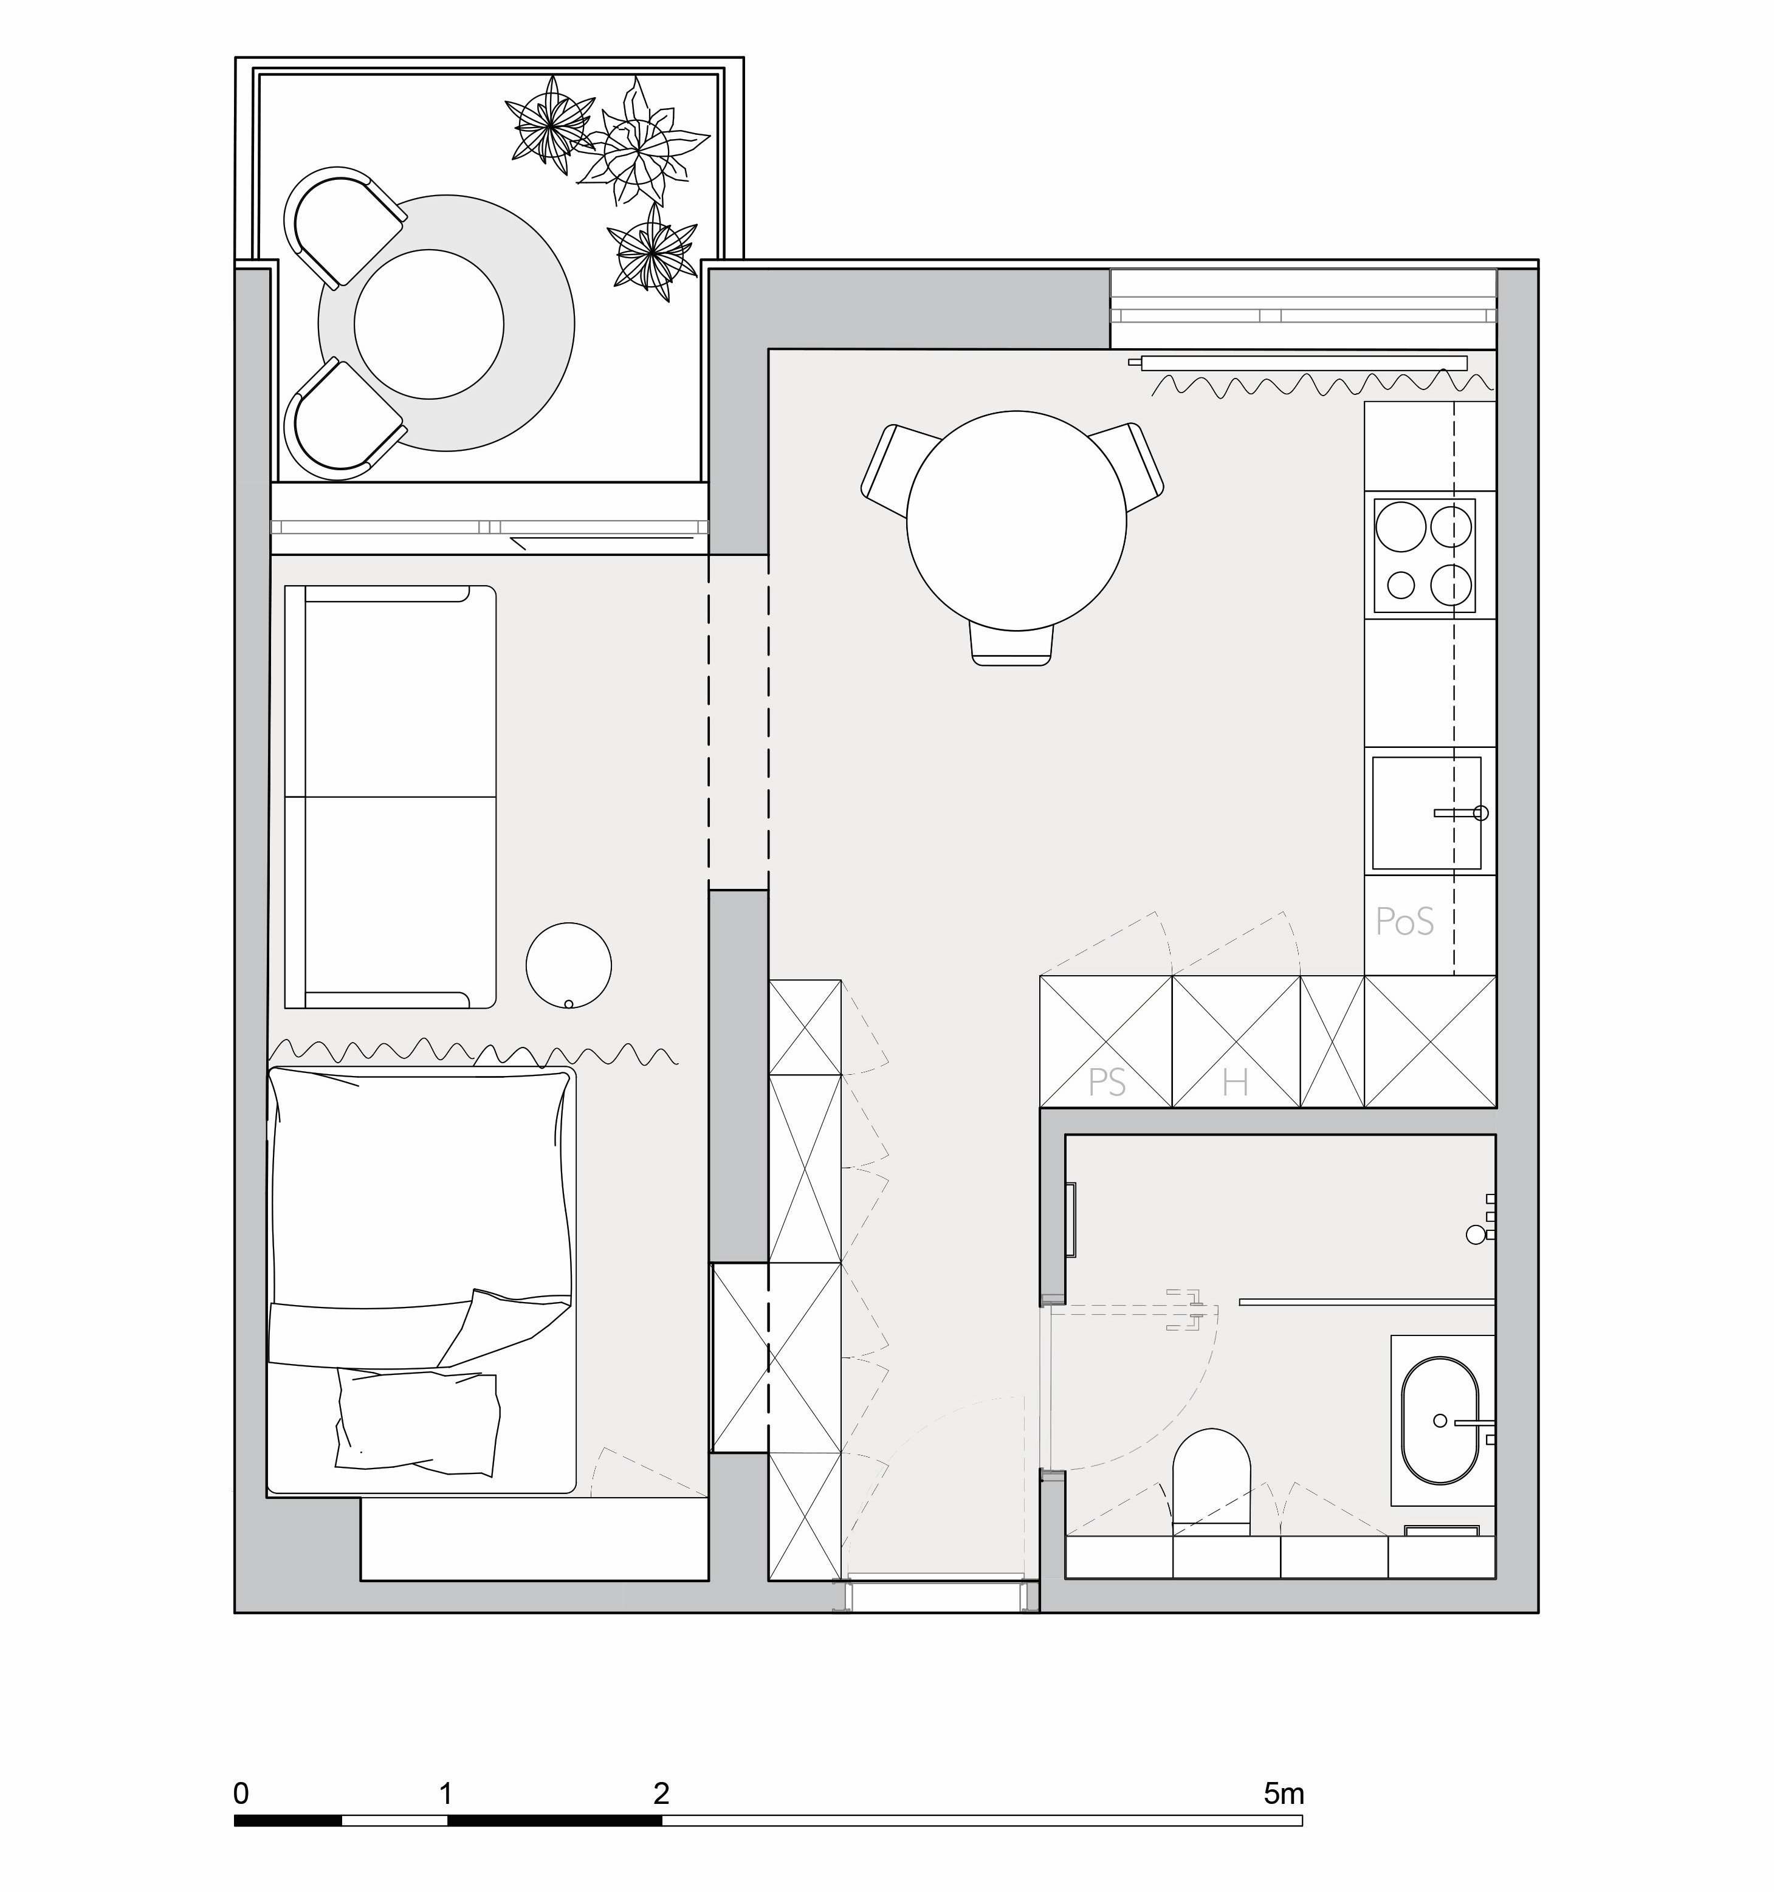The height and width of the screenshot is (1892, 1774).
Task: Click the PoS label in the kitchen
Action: pos(1404,921)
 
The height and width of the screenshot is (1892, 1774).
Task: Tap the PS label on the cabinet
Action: pos(1107,1082)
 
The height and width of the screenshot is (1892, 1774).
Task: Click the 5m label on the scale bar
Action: pos(1284,1794)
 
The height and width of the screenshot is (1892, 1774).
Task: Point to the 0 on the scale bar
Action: pos(241,1794)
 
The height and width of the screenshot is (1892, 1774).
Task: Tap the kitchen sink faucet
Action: pos(1462,813)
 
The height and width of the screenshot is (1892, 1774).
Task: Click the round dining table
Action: pos(1016,521)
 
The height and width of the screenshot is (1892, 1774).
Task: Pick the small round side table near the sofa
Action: pos(569,965)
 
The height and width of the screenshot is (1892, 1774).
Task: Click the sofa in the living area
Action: pos(390,797)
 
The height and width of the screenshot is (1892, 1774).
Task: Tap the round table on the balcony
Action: pos(428,324)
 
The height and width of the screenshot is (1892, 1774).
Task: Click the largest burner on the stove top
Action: pos(1401,526)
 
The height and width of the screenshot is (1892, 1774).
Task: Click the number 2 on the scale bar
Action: pos(661,1794)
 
